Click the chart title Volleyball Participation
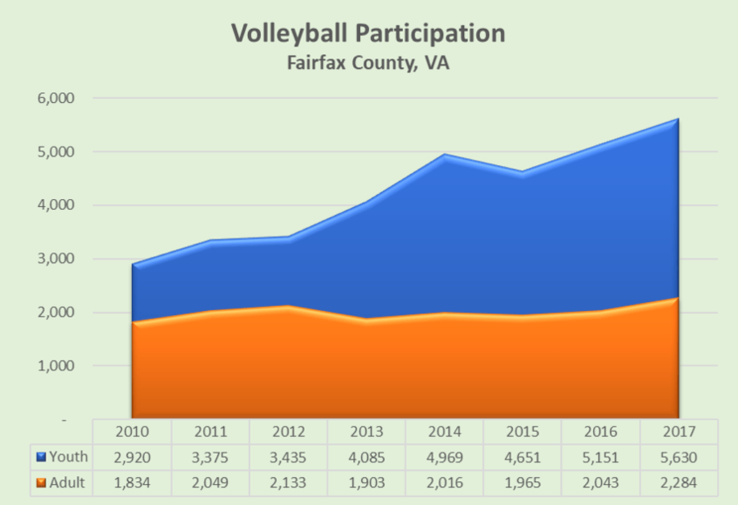[368, 33]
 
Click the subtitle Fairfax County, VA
[368, 63]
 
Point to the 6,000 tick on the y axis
[55, 98]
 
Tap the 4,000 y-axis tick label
[55, 205]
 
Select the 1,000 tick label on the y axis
[55, 366]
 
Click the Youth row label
[68, 457]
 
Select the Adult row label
[67, 483]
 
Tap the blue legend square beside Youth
[40, 457]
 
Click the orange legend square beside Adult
[40, 483]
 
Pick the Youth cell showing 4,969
[444, 457]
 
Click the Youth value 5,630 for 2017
[678, 457]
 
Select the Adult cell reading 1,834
[133, 483]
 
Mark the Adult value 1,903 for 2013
[366, 483]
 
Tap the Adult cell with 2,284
[678, 483]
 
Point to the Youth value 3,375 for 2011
[210, 457]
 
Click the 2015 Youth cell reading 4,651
[523, 457]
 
